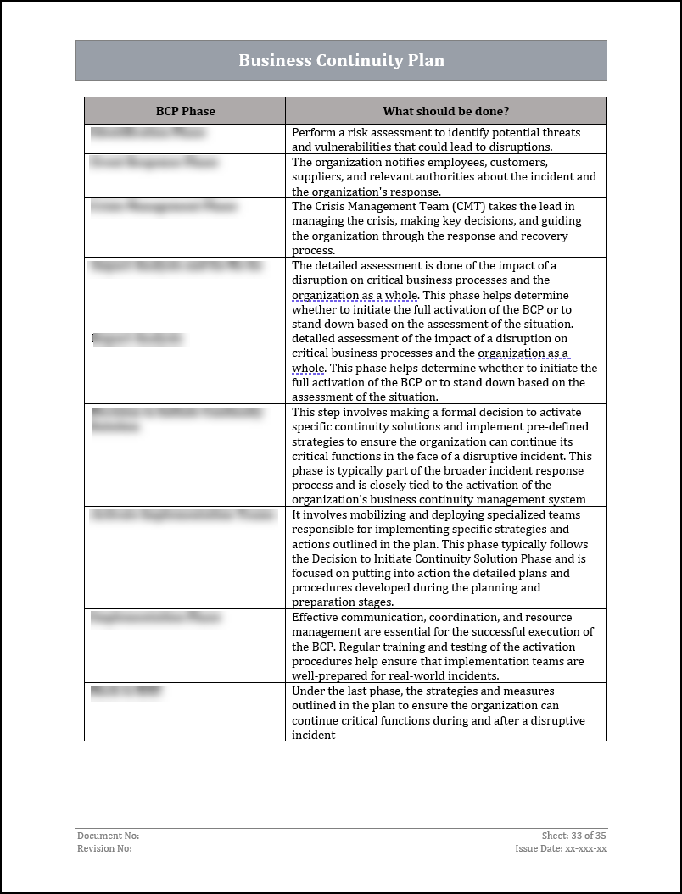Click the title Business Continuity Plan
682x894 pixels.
(x=341, y=60)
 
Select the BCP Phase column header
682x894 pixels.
(x=185, y=111)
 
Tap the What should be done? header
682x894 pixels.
(x=445, y=111)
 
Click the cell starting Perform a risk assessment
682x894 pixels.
(x=445, y=139)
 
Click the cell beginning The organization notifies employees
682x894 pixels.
(x=445, y=176)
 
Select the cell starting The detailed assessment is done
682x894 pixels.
(x=445, y=294)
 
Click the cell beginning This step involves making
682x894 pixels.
(x=445, y=455)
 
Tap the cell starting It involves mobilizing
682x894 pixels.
(x=445, y=558)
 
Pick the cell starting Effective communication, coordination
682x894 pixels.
(x=445, y=646)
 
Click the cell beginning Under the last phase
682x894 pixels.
(x=445, y=712)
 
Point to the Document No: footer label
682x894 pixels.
(x=108, y=836)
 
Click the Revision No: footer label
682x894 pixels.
(x=104, y=848)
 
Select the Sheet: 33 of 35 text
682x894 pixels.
(x=573, y=836)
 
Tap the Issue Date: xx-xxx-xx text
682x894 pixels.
(x=560, y=848)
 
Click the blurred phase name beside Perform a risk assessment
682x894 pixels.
(x=148, y=133)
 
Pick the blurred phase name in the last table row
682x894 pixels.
(x=126, y=692)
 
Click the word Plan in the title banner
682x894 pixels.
(x=427, y=60)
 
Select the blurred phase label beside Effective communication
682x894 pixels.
(x=155, y=619)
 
